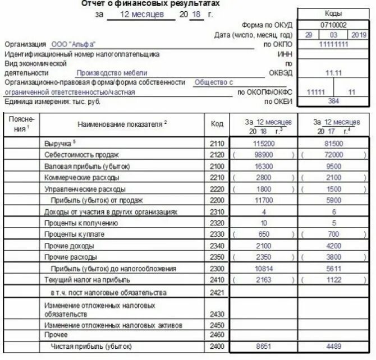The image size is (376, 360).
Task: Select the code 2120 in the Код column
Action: point(217,155)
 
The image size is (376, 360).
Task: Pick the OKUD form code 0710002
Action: point(333,25)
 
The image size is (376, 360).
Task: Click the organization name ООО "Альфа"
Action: point(73,44)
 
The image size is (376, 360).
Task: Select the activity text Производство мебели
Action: point(112,72)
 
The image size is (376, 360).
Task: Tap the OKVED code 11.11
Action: point(333,72)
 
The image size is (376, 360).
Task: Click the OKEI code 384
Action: point(333,101)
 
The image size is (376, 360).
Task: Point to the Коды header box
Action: point(333,13)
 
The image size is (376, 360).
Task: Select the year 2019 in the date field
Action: point(358,35)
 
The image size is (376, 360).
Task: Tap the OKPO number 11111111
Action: point(333,44)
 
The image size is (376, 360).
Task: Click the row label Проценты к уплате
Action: point(75,234)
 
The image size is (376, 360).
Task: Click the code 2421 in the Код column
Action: point(217,292)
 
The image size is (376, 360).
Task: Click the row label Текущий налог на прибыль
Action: point(87,279)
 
